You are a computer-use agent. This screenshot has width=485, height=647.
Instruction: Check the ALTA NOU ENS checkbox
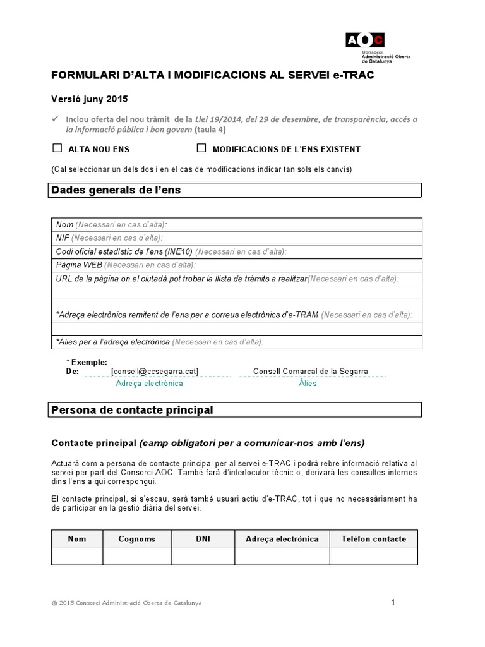[x=57, y=148]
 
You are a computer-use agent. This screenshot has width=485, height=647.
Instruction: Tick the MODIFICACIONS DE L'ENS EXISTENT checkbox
[x=201, y=148]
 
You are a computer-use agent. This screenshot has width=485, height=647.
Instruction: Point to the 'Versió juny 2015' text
[x=89, y=99]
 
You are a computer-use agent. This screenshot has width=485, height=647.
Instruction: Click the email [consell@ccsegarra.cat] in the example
[x=155, y=372]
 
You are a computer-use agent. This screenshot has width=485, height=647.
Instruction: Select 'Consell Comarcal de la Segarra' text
[x=310, y=372]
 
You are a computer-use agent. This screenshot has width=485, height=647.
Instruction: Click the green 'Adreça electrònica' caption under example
[x=150, y=384]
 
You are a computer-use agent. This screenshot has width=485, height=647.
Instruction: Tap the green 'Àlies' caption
[x=308, y=384]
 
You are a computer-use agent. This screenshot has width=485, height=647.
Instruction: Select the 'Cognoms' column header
[x=137, y=539]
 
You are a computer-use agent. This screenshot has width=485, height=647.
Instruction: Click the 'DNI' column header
[x=203, y=539]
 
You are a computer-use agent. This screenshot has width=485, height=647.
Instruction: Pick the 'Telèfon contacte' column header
[x=373, y=539]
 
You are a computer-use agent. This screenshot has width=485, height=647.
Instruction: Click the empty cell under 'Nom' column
[x=77, y=557]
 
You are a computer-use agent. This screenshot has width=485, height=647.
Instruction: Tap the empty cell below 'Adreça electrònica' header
[x=282, y=557]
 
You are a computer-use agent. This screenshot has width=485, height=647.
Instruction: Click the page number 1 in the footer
[x=393, y=602]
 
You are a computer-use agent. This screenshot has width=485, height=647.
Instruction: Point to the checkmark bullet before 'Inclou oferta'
[x=55, y=119]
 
